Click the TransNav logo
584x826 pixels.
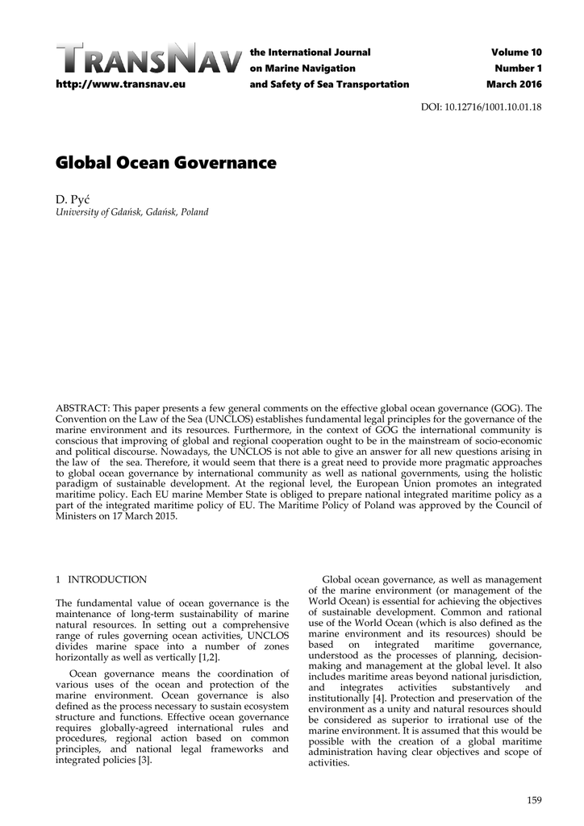click(x=149, y=60)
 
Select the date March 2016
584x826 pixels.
click(x=514, y=85)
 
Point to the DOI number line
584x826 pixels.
click(x=482, y=107)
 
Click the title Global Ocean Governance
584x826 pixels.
click(x=165, y=163)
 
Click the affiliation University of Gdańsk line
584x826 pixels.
click(x=131, y=212)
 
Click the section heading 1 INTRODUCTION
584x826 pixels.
click(x=101, y=579)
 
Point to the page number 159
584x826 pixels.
click(x=533, y=799)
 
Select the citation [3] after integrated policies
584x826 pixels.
click(x=144, y=761)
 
